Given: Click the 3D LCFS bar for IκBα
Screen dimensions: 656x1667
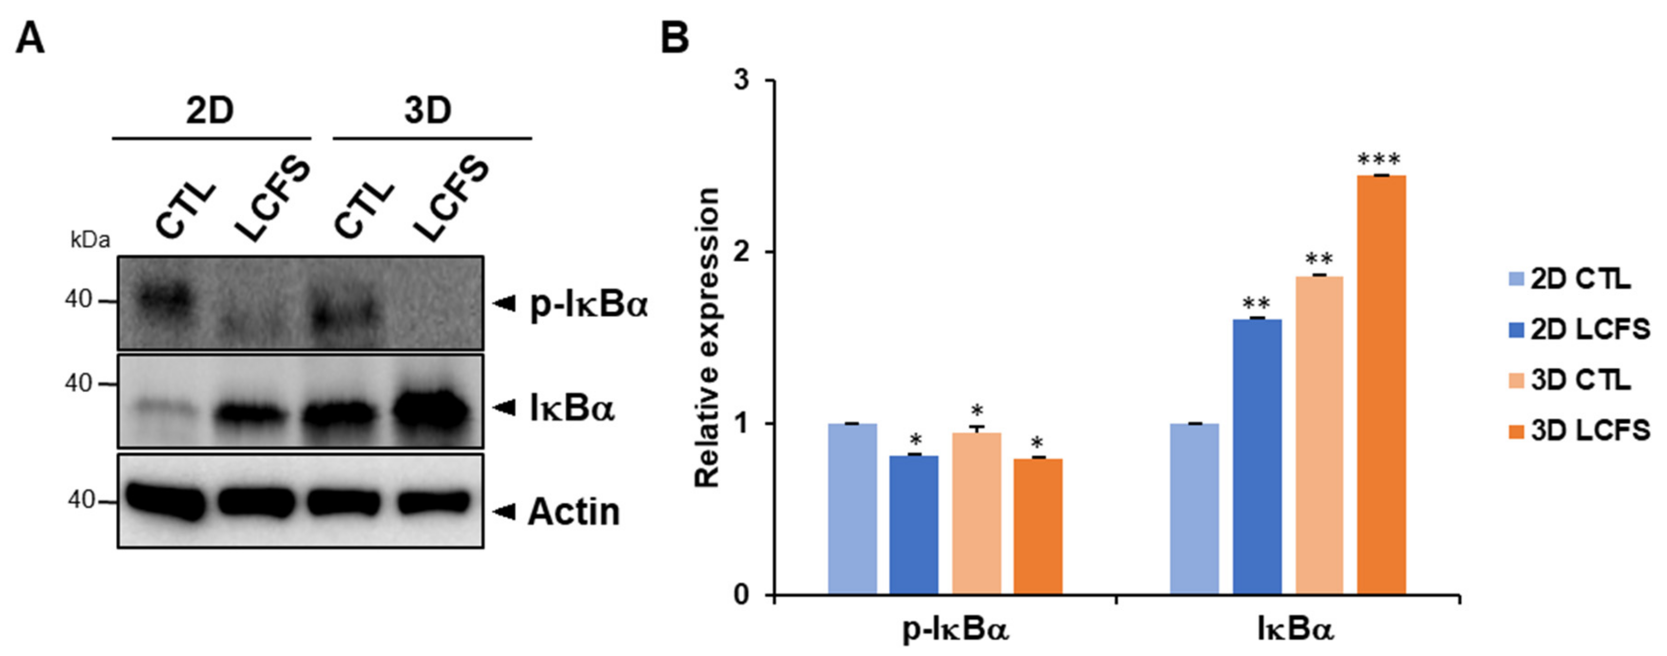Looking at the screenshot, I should (x=1381, y=384).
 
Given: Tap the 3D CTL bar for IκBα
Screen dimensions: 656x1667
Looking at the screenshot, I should (x=1319, y=435).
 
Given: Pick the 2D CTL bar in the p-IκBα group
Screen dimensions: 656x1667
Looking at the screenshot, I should (x=852, y=508).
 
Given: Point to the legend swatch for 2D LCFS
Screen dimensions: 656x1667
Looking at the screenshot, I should (x=1517, y=330).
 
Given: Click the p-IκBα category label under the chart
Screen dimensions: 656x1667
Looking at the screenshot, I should (x=956, y=631).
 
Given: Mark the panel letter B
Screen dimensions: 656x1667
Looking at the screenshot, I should (x=674, y=39).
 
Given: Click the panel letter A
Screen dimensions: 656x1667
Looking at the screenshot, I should (x=30, y=39).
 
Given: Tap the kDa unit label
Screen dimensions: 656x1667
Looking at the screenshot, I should (x=90, y=241).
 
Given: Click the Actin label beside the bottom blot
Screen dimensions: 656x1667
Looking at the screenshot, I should (x=574, y=512).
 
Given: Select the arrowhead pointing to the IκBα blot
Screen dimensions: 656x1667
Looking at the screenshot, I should (x=504, y=408).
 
